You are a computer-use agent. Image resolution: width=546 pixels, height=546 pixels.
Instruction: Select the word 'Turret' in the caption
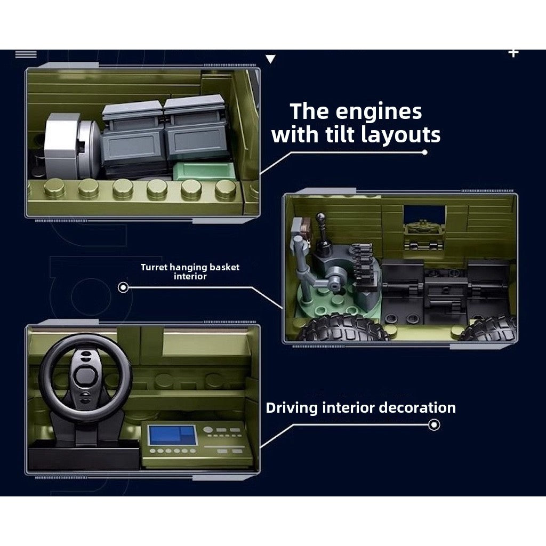154,267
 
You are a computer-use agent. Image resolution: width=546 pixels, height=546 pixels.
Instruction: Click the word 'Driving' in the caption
292,408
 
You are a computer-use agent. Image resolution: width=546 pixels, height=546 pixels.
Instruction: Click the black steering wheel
86,378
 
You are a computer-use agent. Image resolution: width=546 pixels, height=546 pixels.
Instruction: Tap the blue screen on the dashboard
172,435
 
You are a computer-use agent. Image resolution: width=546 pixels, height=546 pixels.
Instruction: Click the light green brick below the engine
204,171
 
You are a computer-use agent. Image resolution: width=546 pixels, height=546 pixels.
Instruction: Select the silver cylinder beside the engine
73,145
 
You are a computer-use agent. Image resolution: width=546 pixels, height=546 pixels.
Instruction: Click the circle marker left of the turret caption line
123,287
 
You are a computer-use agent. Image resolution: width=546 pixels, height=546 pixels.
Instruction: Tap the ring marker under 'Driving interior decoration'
434,425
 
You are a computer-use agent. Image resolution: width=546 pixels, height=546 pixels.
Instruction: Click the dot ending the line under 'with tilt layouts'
424,152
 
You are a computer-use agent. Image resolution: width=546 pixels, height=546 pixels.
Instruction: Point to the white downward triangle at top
270,59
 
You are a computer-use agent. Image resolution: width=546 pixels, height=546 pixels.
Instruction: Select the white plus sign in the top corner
513,53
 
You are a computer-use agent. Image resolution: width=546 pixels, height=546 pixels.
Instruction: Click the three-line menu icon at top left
26,54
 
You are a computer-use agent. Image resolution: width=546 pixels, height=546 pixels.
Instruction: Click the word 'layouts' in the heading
401,135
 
